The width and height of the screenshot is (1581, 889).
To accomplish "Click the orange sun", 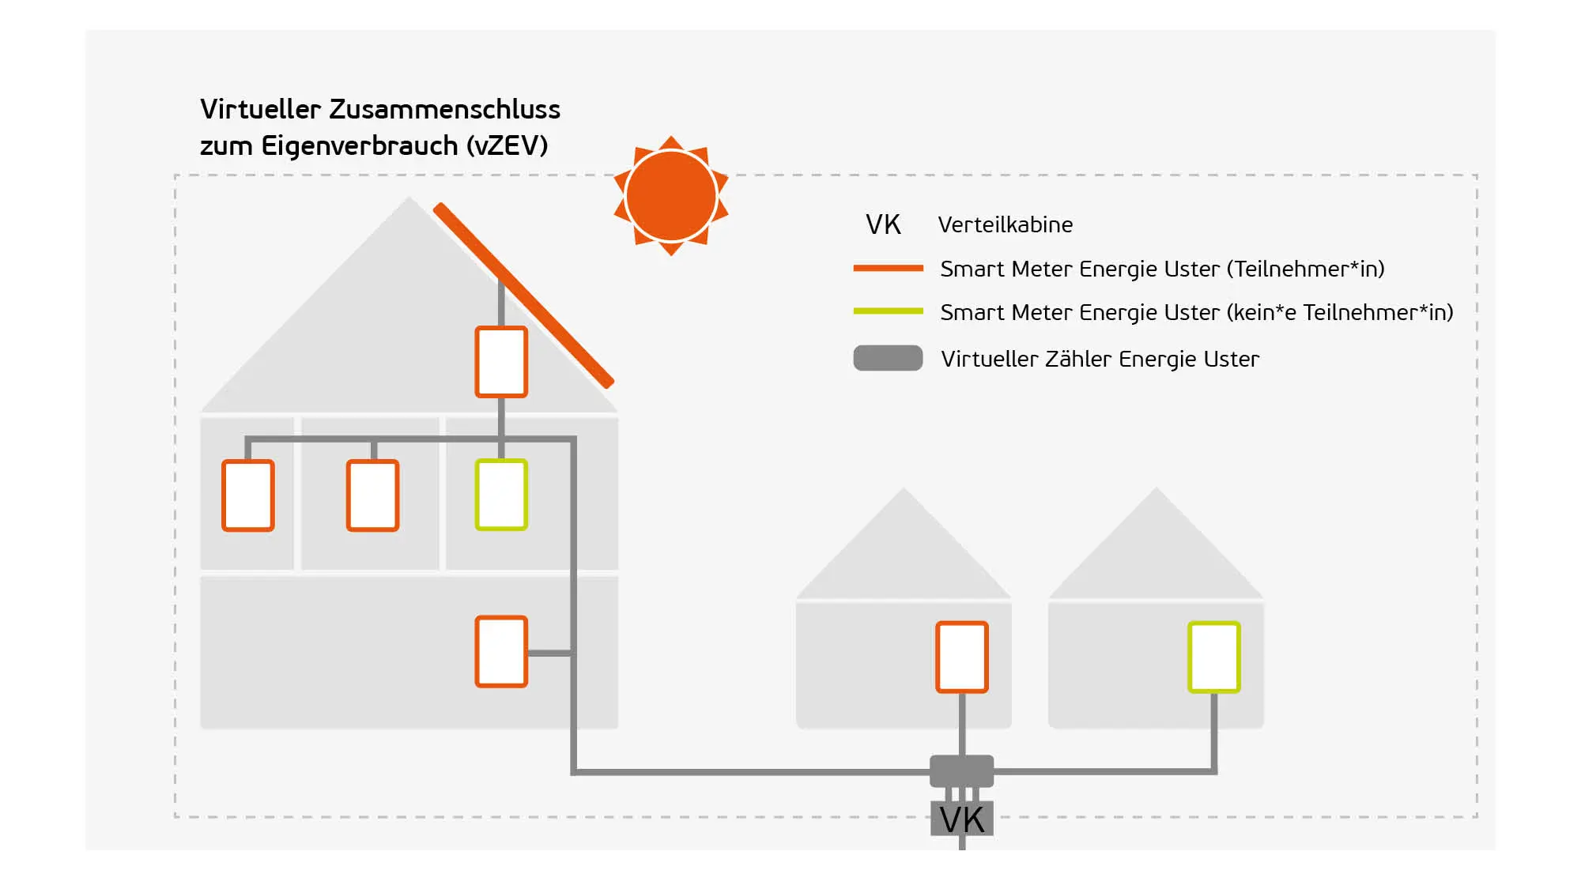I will coord(671,196).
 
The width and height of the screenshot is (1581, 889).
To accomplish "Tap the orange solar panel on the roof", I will coord(523,296).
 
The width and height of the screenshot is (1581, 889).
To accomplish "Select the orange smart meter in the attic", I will coord(501,362).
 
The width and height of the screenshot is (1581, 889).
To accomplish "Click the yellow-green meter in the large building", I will coord(501,495).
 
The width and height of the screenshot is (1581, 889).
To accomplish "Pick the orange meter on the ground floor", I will coord(501,652).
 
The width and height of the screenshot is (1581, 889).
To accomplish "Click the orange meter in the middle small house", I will coord(962,657).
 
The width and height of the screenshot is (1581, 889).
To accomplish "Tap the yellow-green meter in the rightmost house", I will coord(1214,657).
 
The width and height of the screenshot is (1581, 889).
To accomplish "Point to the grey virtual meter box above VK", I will coord(961,770).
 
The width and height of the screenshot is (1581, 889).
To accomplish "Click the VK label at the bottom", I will coord(962,820).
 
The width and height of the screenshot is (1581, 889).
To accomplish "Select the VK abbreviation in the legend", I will coord(883,225).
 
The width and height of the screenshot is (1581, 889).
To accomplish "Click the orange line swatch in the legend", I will coord(888,269).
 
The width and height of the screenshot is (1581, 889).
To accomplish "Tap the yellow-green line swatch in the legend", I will coord(888,311).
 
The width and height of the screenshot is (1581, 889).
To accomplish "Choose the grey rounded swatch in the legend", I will coord(888,358).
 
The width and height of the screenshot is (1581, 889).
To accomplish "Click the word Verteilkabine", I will coord(1005,225).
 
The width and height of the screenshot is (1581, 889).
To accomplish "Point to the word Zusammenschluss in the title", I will coord(444,109).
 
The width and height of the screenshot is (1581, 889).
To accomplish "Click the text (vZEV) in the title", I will coord(507,146).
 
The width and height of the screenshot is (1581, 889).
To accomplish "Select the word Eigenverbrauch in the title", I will coord(360,146).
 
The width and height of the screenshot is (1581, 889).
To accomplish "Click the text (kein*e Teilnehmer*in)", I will coord(1340,313).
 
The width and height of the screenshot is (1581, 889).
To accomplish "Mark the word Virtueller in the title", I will coord(260,109).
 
